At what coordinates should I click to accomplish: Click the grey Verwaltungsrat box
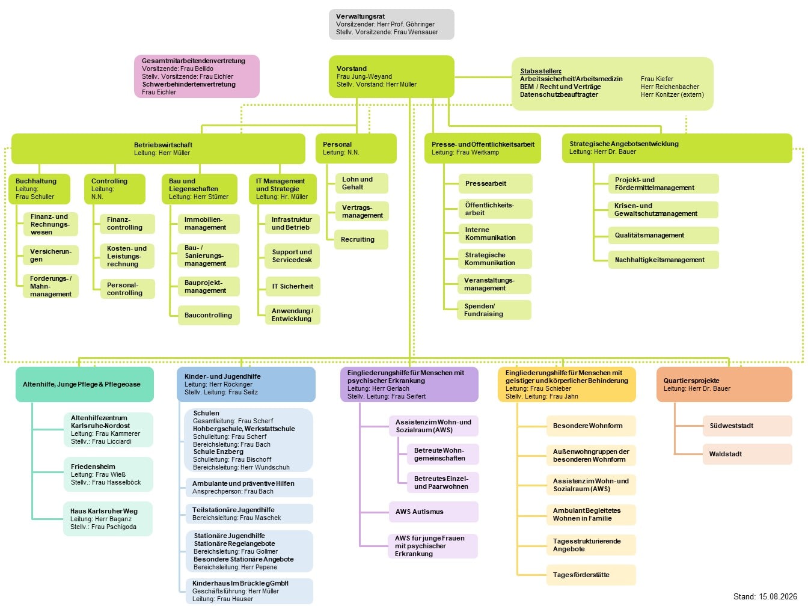pyautogui.click(x=391, y=24)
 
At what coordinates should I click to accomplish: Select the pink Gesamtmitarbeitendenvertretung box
pyautogui.click(x=197, y=76)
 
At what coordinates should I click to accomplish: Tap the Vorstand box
pyautogui.click(x=391, y=76)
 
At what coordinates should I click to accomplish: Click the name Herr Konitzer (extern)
pyautogui.click(x=672, y=94)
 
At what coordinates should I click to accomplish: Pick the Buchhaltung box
pyautogui.click(x=40, y=189)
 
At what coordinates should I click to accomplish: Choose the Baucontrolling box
pyautogui.click(x=209, y=315)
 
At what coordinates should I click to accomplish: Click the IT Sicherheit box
pyautogui.click(x=293, y=286)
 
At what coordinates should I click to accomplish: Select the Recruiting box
pyautogui.click(x=361, y=239)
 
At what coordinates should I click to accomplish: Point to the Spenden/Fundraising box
pyautogui.click(x=494, y=310)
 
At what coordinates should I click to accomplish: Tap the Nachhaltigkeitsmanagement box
pyautogui.click(x=663, y=260)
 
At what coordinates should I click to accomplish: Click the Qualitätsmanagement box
pyautogui.click(x=663, y=235)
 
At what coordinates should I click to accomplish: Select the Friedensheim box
pyautogui.click(x=108, y=474)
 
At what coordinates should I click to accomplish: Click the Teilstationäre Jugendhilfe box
pyautogui.click(x=249, y=513)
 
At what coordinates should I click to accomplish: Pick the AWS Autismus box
pyautogui.click(x=433, y=512)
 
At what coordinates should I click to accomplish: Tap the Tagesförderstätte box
pyautogui.click(x=591, y=575)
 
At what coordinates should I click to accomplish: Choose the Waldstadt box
pyautogui.click(x=747, y=454)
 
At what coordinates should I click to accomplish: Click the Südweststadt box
pyautogui.click(x=747, y=426)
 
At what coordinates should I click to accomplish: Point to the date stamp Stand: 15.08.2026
pyautogui.click(x=765, y=596)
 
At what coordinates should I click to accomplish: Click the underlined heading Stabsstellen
pyautogui.click(x=540, y=71)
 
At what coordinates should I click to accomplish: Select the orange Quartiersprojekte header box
pyautogui.click(x=724, y=384)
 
